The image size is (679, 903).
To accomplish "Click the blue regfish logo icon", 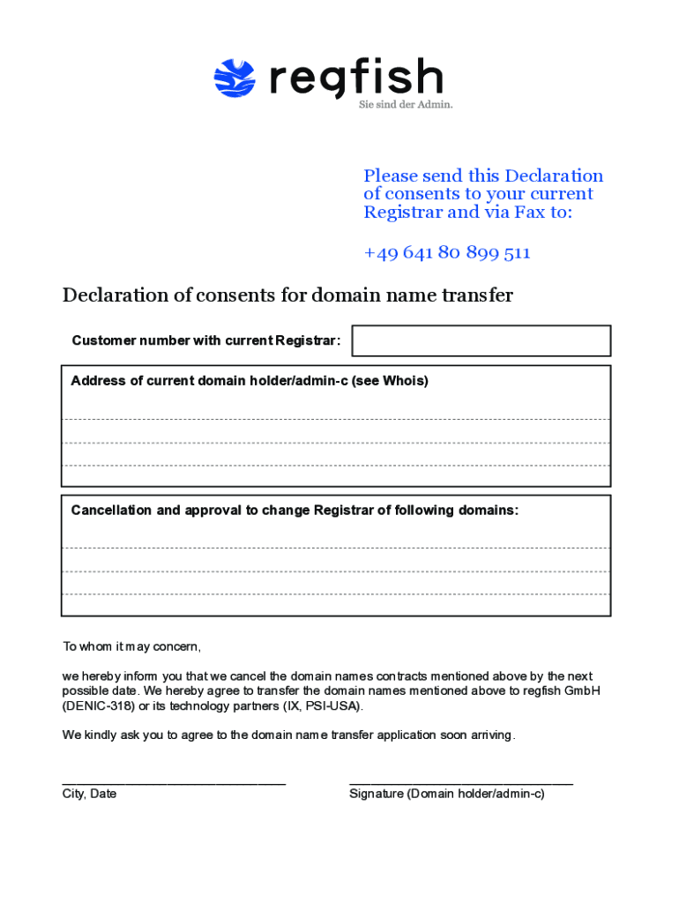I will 235,78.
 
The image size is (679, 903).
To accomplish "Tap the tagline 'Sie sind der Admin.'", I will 406,104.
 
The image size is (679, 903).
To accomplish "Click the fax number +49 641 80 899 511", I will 447,253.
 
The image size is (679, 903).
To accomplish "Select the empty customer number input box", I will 481,340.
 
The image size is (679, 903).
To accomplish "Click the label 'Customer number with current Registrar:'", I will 206,340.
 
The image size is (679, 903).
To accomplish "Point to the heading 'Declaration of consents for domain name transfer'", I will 287,295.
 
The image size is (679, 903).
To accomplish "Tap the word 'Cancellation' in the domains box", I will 112,510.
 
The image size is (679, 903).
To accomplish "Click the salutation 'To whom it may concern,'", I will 131,646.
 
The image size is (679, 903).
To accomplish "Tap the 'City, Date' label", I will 89,794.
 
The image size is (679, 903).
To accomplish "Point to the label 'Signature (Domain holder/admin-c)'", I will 447,794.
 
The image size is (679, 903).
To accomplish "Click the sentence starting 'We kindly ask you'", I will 288,735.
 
